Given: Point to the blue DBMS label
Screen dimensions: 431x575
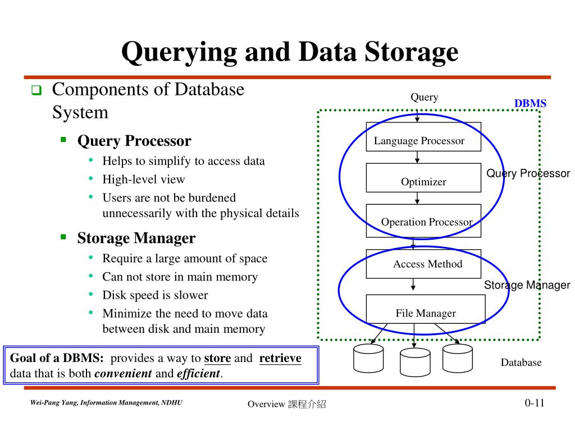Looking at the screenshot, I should click(x=530, y=103).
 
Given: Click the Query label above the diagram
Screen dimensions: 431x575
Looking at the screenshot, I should click(x=424, y=97).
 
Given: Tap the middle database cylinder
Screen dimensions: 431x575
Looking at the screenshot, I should click(x=414, y=362).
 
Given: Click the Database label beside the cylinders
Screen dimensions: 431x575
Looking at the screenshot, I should click(x=521, y=363).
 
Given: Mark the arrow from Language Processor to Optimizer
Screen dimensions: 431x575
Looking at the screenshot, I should click(x=417, y=157).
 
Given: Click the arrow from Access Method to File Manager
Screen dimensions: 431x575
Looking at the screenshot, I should click(x=413, y=286).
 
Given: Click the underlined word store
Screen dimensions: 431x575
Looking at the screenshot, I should click(x=217, y=359).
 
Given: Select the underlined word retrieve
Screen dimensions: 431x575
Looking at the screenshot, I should click(x=280, y=359).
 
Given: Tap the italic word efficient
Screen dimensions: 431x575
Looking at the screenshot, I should click(x=198, y=374).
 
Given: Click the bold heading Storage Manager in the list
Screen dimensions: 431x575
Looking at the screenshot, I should click(x=136, y=239).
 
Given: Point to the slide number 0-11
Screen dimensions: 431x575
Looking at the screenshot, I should click(x=535, y=403).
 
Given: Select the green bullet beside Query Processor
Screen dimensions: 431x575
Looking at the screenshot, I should click(x=63, y=139).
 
